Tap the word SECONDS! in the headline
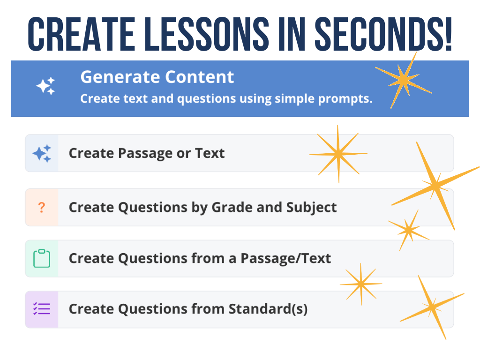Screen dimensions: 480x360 coord(383,34)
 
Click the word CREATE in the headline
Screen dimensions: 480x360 coord(81,34)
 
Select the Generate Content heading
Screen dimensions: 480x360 coord(157,77)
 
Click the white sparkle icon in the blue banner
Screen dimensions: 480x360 coord(45,86)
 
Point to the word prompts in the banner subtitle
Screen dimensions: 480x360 coord(345,99)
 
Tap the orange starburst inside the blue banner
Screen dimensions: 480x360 coord(404,80)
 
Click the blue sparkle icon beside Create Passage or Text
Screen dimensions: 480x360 coord(42,153)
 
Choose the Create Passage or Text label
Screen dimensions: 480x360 coord(147,153)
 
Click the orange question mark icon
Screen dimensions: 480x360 coord(42,208)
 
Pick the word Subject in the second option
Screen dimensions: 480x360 coord(311,208)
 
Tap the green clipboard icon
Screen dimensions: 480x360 coord(42,259)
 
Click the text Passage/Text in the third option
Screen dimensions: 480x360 coord(285,258)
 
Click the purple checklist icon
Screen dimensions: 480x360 coord(42,309)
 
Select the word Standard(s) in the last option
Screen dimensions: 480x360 coord(268,309)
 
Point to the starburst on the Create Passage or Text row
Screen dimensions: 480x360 coord(338,154)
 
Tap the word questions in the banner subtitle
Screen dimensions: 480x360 coord(206,99)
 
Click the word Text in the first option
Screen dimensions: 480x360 coord(210,153)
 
